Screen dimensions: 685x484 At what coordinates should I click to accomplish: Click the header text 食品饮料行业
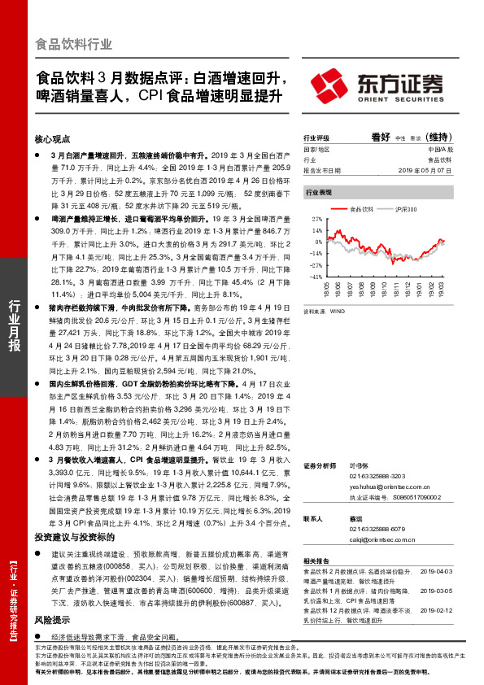pyautogui.click(x=75, y=44)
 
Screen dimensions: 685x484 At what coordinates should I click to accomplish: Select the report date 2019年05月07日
pyautogui.click(x=427, y=171)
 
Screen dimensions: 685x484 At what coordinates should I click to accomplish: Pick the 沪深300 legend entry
pyautogui.click(x=404, y=209)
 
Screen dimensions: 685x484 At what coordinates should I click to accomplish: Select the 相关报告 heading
pyautogui.click(x=316, y=561)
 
